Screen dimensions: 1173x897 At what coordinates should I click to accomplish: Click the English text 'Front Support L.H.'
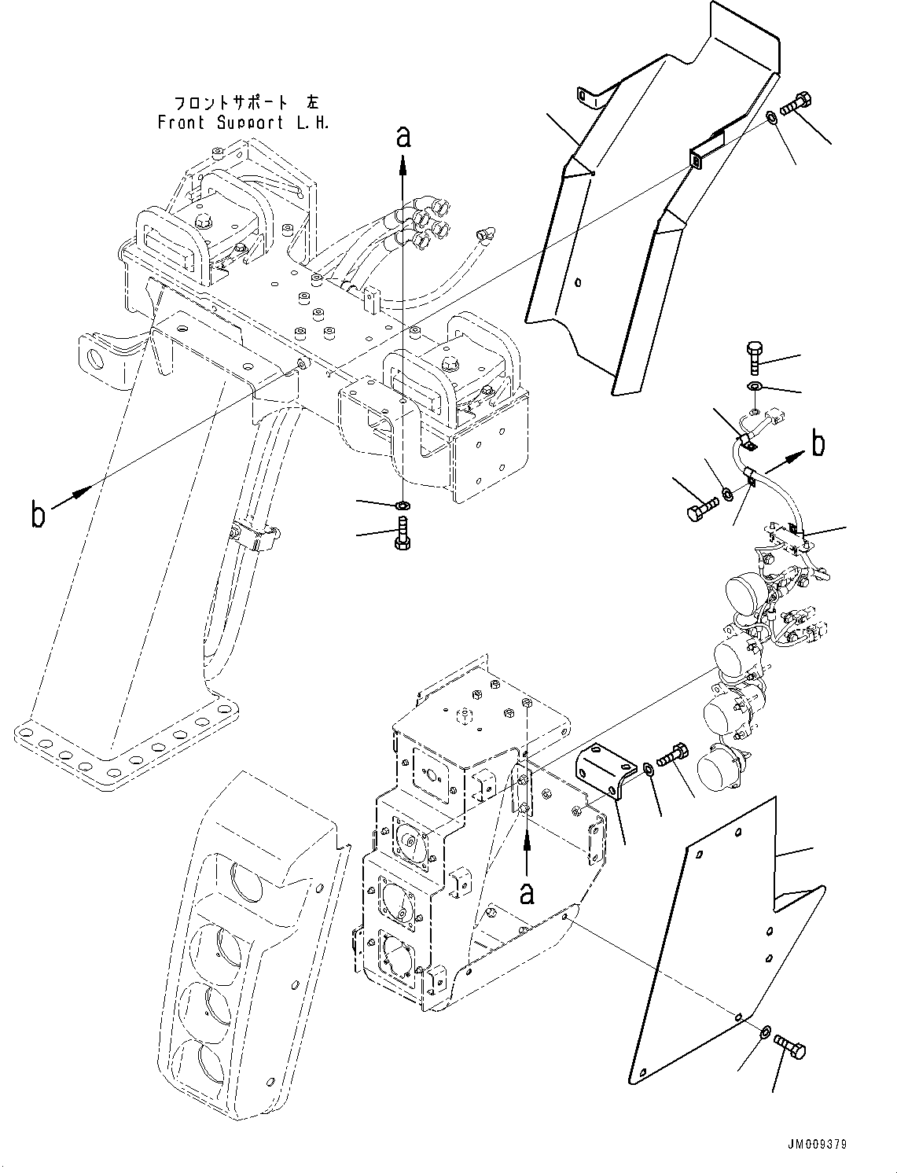point(244,123)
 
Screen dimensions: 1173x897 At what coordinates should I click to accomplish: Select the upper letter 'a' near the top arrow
point(403,138)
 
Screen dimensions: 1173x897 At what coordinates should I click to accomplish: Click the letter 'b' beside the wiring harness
point(818,444)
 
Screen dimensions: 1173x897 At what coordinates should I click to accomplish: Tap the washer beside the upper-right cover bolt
point(773,117)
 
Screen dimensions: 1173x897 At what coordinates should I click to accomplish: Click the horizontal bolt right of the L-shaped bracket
point(673,756)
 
